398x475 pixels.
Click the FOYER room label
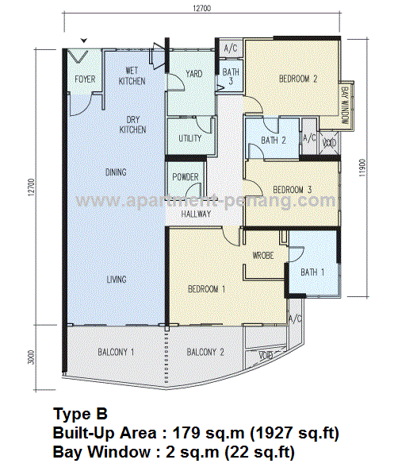tap(85, 79)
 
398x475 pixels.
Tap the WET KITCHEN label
tap(132, 76)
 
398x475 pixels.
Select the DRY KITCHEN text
tap(132, 125)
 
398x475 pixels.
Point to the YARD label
tap(194, 74)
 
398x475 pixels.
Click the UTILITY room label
tap(190, 138)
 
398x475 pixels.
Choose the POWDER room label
tap(186, 177)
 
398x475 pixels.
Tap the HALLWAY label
tap(196, 214)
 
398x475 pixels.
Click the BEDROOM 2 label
tap(298, 79)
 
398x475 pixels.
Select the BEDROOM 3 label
tap(292, 190)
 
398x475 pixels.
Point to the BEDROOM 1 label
tap(207, 289)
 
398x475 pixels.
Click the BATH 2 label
tap(274, 141)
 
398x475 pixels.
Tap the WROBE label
tap(263, 256)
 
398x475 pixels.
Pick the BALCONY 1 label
tap(116, 352)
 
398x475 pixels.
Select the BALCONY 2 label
tap(205, 352)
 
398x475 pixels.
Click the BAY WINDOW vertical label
tap(345, 105)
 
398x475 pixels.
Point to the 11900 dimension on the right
tap(363, 168)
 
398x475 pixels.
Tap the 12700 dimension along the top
tap(201, 9)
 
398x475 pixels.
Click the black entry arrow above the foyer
tap(84, 41)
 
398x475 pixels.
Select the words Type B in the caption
tap(80, 414)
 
